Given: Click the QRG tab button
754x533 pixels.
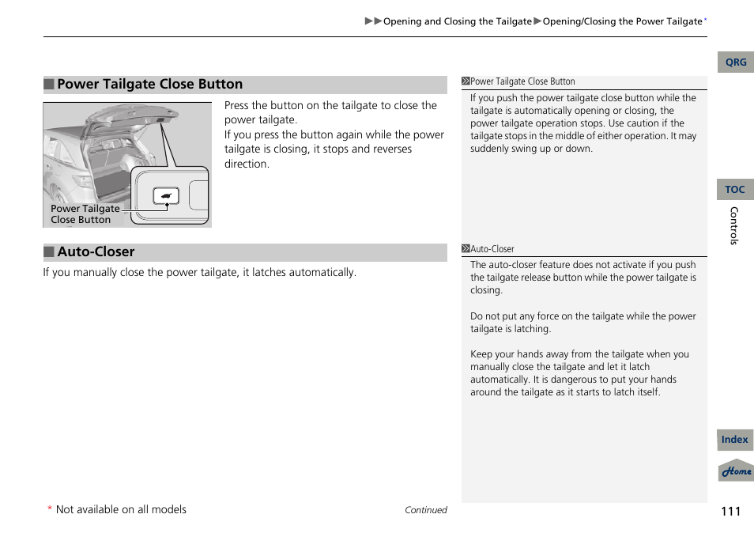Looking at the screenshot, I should coord(735,62).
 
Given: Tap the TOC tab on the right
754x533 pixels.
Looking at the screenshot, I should coord(735,190).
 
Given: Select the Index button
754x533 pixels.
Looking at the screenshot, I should coord(735,440).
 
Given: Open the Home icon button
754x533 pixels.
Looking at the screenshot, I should coord(736,471).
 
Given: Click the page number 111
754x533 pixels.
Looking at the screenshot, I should coord(730,511).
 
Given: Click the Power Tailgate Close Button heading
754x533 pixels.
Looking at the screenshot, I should coord(149,85).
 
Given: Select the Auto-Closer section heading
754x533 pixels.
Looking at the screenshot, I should coord(96,252).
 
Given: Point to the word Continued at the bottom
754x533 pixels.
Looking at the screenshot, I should coord(425,511).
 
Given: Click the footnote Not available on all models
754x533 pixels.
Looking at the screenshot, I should coord(121,510).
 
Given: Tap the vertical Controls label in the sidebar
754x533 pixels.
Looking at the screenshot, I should coord(733,226).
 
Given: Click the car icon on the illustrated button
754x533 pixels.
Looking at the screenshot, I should coord(166,196).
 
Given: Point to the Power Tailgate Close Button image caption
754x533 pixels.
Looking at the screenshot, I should coord(85,214).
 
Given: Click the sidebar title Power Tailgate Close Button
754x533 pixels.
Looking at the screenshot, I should coord(522,81).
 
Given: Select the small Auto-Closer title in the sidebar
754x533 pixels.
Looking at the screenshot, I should coord(492,249).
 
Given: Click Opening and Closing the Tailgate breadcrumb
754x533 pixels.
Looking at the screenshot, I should coord(457,21).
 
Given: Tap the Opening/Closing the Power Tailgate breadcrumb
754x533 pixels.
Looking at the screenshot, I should coord(622,21).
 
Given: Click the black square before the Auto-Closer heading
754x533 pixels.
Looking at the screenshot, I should coord(48,252).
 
